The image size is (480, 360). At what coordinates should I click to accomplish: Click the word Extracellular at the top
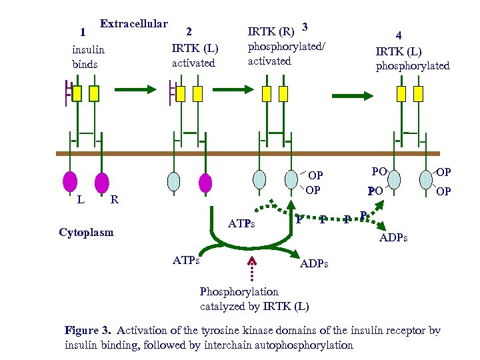133,24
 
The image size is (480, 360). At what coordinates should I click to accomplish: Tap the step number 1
83,31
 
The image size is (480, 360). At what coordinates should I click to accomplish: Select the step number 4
399,37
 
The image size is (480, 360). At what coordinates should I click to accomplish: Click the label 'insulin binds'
88,57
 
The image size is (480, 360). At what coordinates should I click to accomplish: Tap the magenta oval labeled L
69,181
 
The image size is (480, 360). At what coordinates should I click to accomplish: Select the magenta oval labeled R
101,181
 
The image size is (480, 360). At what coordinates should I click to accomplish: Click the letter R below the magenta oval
114,199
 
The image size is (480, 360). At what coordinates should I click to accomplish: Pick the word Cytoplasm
86,233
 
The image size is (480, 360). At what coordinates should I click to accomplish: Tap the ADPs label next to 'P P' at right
393,238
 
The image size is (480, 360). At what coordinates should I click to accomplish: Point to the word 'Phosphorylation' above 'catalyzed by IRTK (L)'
239,292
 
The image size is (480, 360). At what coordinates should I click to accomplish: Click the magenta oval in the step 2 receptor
205,182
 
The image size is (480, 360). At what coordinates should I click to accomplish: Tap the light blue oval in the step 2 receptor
173,182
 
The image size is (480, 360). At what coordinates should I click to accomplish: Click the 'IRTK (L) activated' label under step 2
195,56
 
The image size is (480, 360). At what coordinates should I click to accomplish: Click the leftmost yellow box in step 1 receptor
77,93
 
